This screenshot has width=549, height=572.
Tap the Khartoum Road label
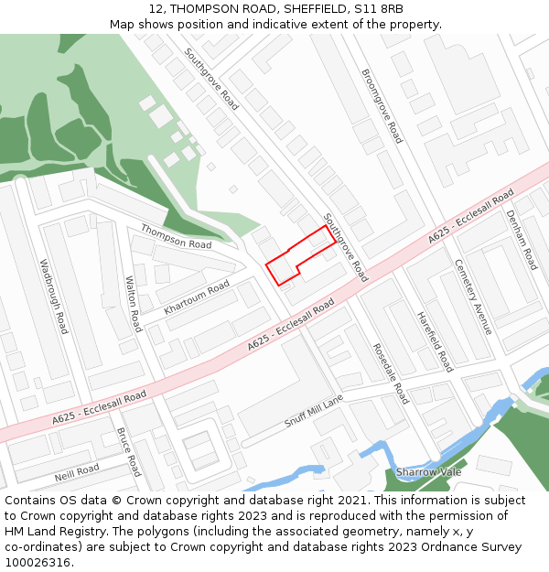coord(197,298)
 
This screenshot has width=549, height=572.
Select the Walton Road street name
coord(134,304)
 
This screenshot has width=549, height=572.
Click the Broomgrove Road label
coord(382,106)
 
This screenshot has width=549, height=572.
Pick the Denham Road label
coord(522,240)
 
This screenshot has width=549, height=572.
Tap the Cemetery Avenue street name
coord(474,296)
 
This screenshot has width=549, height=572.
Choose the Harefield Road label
coord(435,341)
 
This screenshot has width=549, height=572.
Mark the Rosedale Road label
coord(391,373)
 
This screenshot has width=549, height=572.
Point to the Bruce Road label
coord(129,451)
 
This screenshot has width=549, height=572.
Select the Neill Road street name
coord(76,471)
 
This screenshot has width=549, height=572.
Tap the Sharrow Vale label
coord(428,472)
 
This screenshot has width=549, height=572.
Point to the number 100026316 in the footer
coord(38,562)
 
